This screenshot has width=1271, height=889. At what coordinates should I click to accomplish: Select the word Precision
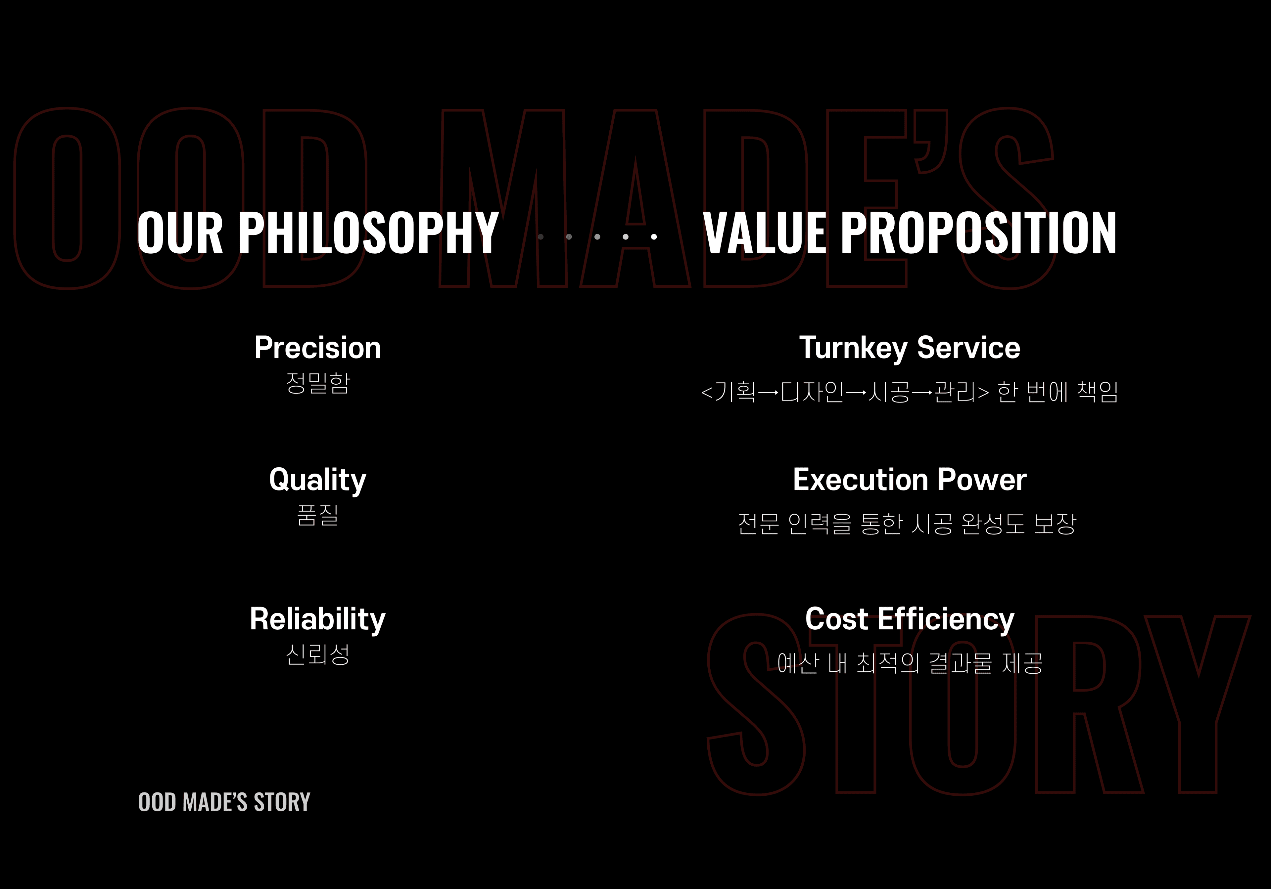(x=318, y=348)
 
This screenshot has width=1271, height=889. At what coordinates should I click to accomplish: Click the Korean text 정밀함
(x=318, y=382)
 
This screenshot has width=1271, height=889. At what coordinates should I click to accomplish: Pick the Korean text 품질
(x=318, y=515)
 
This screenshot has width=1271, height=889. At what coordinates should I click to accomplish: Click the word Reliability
(x=318, y=619)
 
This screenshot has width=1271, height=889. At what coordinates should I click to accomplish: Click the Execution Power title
(x=910, y=480)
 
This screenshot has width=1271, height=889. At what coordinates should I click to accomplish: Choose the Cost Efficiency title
(x=910, y=619)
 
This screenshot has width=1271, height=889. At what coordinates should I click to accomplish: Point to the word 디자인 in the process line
(x=812, y=392)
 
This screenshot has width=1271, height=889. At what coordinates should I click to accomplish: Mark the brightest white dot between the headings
(x=654, y=237)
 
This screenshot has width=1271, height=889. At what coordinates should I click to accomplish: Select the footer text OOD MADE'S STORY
(x=224, y=802)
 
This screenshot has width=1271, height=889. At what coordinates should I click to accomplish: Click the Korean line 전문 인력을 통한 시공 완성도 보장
(x=907, y=523)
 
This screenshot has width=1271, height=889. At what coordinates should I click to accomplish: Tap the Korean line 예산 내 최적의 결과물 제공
(x=910, y=663)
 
